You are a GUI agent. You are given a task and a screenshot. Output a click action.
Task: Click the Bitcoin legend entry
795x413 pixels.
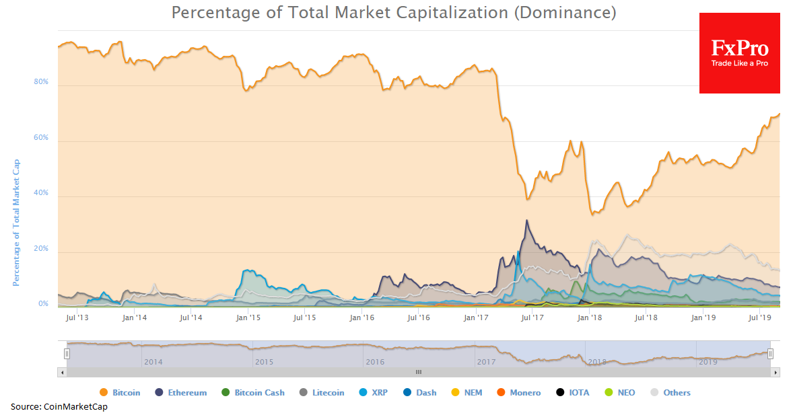click(x=120, y=393)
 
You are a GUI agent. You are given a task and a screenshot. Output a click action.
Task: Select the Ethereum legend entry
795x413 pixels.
click(x=182, y=393)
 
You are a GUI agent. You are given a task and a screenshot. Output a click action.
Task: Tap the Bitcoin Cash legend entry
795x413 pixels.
click(x=253, y=393)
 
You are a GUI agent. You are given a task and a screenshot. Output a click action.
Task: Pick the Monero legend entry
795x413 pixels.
click(x=520, y=393)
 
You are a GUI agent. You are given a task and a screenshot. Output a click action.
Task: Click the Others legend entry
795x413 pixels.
click(x=671, y=393)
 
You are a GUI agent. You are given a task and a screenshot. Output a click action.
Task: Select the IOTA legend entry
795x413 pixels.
click(x=573, y=393)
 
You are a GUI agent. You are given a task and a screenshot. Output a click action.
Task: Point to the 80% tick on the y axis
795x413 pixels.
click(x=41, y=82)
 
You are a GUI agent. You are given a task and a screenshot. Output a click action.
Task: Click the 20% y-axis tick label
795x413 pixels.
click(x=41, y=249)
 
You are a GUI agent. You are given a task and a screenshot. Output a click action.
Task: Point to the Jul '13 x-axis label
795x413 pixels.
click(x=78, y=317)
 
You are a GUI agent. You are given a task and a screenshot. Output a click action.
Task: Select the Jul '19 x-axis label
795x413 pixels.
click(x=760, y=317)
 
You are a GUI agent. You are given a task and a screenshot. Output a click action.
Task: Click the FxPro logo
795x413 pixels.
click(x=739, y=53)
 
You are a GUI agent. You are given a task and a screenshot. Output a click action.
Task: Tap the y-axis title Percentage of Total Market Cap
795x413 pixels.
click(x=16, y=223)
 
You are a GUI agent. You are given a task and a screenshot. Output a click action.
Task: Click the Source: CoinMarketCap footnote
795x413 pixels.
click(x=59, y=407)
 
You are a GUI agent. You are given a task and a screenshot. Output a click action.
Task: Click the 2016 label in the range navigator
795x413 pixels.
click(x=375, y=362)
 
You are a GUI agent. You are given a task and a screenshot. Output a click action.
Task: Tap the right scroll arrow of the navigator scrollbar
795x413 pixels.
click(x=775, y=372)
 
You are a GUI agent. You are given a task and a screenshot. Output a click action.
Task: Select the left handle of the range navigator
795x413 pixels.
click(x=67, y=354)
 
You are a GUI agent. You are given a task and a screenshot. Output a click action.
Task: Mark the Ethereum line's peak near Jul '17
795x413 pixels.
click(x=527, y=220)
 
